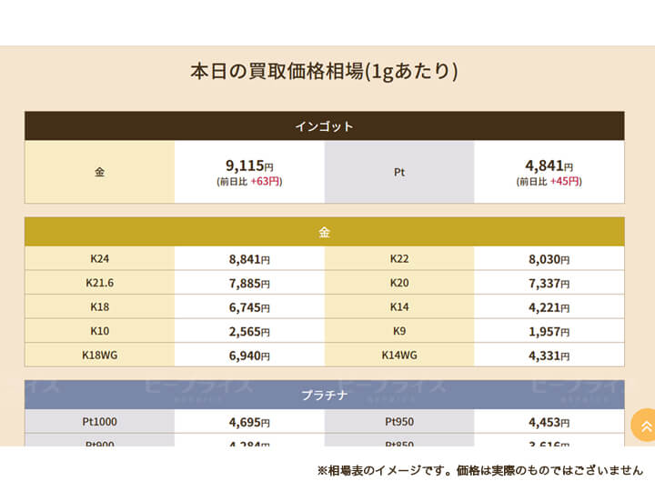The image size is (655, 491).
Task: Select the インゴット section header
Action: pos(324,126)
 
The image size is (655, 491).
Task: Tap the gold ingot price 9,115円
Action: pos(249,165)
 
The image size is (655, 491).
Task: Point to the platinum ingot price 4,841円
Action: pos(549,165)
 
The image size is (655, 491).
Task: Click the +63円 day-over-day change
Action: pos(266,182)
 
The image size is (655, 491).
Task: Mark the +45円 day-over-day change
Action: pos(566,182)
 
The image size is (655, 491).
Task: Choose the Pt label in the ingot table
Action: pos(399,172)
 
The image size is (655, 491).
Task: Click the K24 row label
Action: pos(99,259)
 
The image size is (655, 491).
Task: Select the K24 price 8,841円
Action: pos(249,259)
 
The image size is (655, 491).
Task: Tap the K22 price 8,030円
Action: pos(549,259)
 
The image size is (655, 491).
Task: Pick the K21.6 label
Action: pos(99,283)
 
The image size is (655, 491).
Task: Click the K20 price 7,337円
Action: pos(549,283)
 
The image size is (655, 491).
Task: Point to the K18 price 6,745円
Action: pos(249,307)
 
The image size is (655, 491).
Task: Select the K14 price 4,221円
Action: pos(549,307)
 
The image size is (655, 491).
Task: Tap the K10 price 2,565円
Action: pos(249,331)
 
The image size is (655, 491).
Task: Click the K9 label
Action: pos(399,331)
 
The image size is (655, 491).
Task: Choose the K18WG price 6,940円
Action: pos(249,356)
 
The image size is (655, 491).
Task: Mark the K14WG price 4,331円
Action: pos(549,356)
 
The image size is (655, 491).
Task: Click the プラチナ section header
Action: pos(324,396)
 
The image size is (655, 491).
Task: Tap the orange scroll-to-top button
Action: pos(645,426)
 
